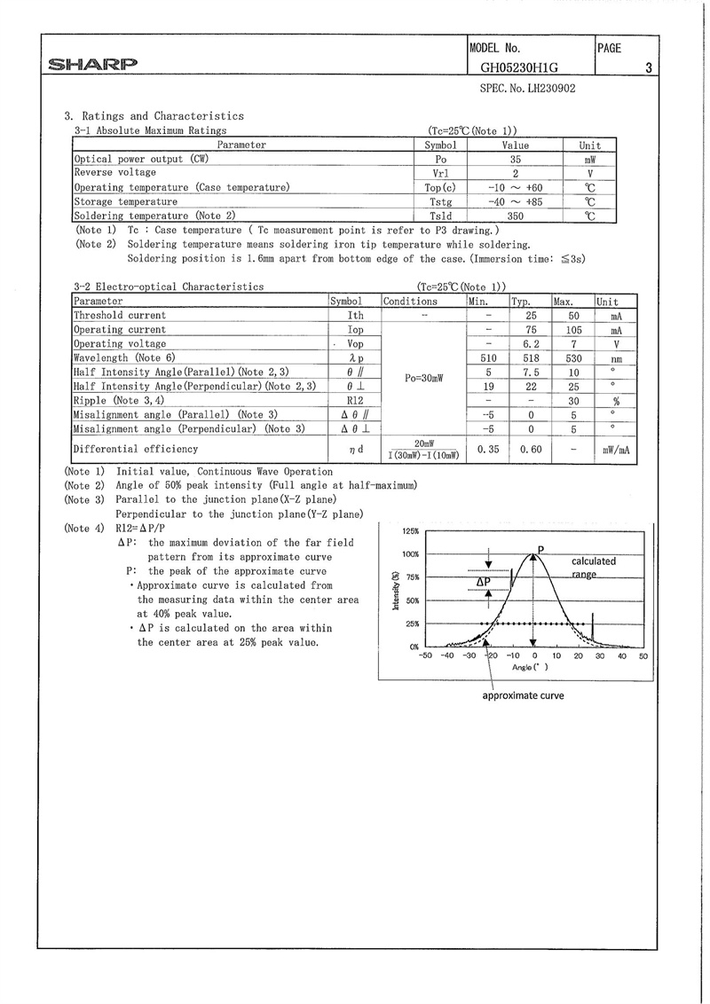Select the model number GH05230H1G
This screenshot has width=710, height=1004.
520,67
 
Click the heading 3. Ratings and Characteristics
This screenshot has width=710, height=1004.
154,116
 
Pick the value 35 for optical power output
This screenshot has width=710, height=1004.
515,159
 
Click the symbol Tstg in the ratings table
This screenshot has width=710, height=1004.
440,201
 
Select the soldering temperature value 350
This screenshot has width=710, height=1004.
515,216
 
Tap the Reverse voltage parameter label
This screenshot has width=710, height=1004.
114,173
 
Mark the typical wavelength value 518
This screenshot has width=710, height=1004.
531,357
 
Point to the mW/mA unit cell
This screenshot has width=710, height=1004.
615,450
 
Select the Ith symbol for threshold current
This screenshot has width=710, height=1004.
355,316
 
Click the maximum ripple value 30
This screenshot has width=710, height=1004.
572,400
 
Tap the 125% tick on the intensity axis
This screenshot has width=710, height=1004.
410,530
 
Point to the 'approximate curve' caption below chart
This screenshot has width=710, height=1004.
523,696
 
